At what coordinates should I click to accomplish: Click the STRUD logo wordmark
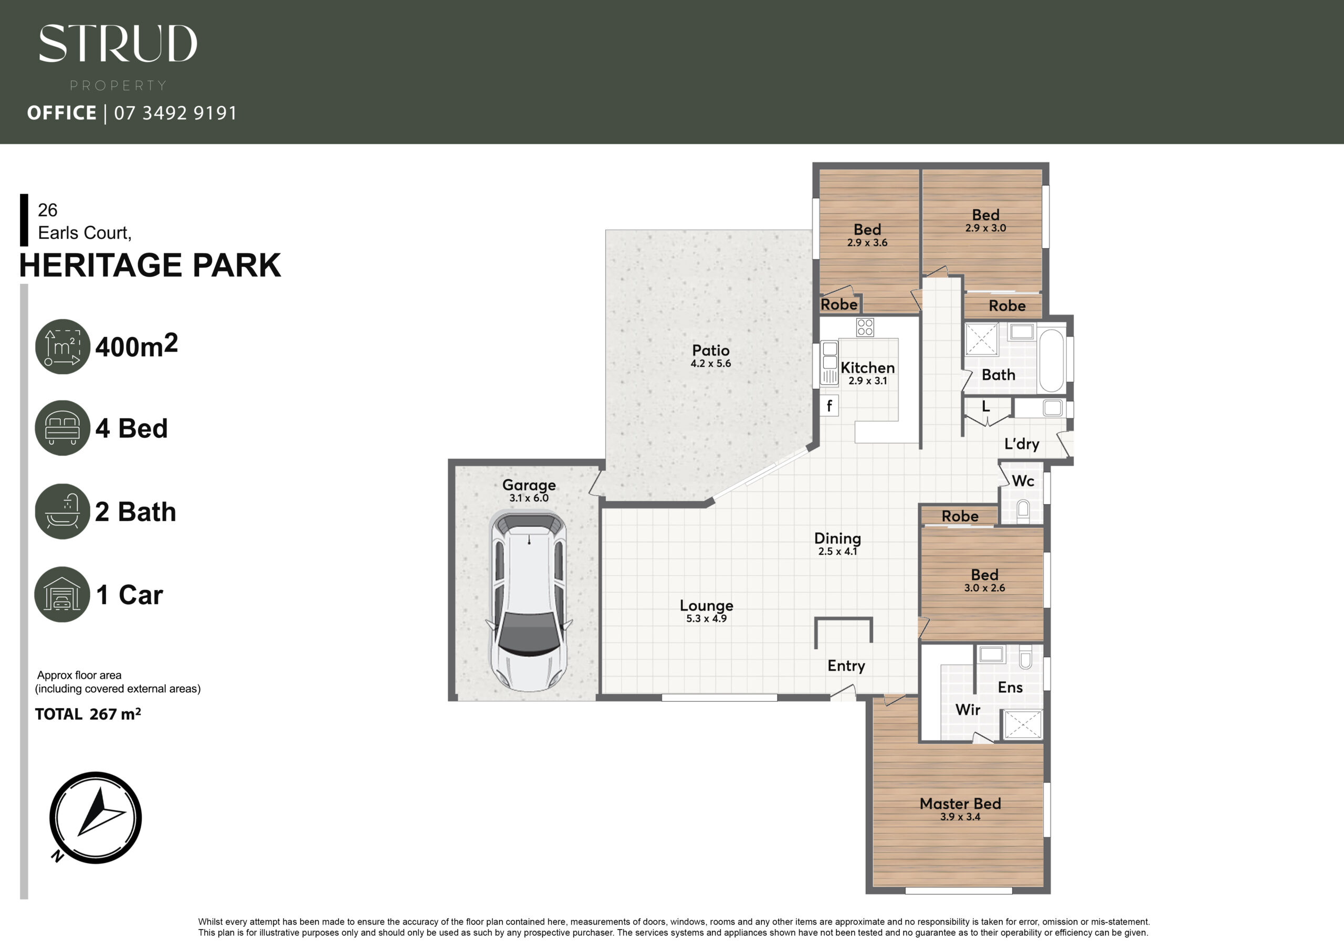point(118,44)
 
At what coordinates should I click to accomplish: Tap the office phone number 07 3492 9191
point(175,113)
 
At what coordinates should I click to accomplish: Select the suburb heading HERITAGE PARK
point(150,265)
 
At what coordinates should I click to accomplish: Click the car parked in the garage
point(529,600)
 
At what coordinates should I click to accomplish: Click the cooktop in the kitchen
point(865,327)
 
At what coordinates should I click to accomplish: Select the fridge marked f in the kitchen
point(829,406)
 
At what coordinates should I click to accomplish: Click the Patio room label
point(711,350)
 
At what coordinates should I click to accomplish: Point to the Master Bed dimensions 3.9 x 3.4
point(960,817)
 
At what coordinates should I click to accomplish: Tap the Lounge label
point(707,606)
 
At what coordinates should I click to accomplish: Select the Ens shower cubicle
point(1023,724)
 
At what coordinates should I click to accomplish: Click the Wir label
point(968,710)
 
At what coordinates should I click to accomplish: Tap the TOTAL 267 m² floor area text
point(88,714)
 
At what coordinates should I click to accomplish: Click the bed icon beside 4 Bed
point(62,428)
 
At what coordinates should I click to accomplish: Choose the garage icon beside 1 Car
point(62,594)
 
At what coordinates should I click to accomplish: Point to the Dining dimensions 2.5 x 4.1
point(838,552)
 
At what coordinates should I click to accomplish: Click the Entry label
point(846,666)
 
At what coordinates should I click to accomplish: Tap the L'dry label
point(1022,444)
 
